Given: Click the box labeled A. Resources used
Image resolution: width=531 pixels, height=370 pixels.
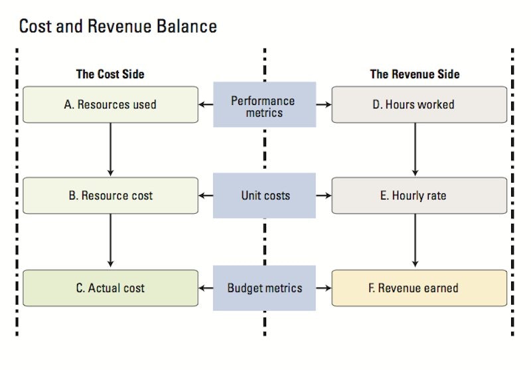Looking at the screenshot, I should (110, 104).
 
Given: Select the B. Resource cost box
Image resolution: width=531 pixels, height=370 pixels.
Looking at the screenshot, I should (110, 195).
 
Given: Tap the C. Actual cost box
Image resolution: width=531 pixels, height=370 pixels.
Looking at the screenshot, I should (110, 288).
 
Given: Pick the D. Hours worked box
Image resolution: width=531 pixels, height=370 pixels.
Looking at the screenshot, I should (419, 104).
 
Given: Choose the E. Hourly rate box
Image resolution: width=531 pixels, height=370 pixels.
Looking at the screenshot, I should (419, 195).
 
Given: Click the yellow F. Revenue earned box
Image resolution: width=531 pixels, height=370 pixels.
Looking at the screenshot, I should (419, 288).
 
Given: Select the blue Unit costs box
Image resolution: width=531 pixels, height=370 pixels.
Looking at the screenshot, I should (264, 195).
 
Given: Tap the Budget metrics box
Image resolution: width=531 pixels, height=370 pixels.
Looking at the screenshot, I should (264, 288).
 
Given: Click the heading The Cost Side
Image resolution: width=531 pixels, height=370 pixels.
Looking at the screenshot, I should (110, 74).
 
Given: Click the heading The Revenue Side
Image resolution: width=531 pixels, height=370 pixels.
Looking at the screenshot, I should (414, 74).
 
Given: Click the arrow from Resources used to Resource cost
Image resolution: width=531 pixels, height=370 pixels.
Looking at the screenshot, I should (110, 149).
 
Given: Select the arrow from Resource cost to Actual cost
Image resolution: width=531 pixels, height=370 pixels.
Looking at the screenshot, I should (110, 241).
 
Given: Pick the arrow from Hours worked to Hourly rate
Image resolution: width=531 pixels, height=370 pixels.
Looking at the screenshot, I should (416, 149).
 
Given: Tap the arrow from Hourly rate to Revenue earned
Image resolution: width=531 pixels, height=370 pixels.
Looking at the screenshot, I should (416, 241).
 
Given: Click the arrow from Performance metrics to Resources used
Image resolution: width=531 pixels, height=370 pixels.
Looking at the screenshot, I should (206, 104).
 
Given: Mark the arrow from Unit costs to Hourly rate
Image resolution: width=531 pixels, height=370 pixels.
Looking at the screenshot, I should (323, 195).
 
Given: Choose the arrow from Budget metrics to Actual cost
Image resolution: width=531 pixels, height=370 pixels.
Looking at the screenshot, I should (206, 288).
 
